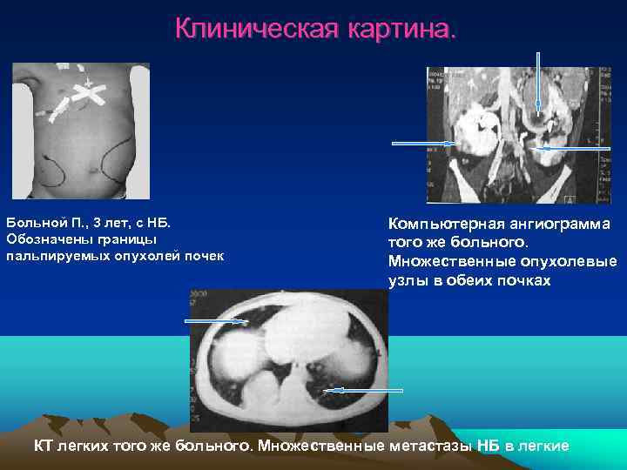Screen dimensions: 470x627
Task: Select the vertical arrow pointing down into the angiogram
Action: click(x=538, y=83)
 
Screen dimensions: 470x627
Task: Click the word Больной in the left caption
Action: click(x=34, y=224)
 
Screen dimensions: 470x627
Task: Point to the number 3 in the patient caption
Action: click(x=85, y=224)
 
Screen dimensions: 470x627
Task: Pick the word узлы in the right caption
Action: click(x=408, y=280)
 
